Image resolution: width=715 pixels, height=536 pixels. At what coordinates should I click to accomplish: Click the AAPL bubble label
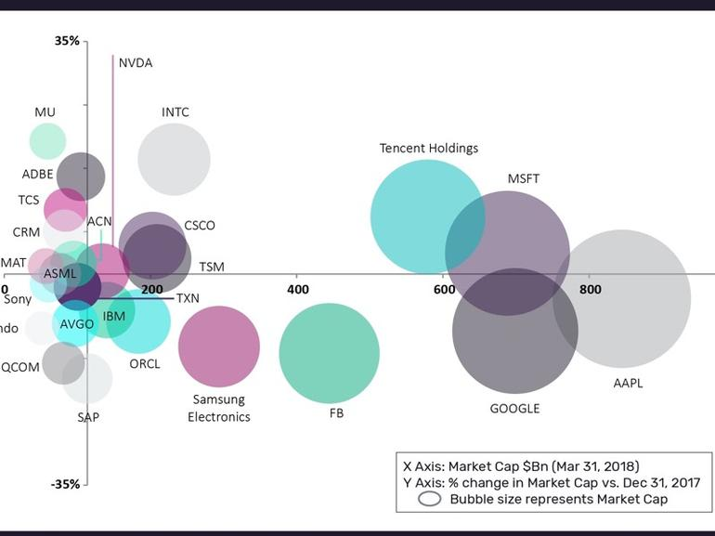(x=628, y=383)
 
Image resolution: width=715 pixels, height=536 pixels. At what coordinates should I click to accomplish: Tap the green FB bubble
(x=330, y=353)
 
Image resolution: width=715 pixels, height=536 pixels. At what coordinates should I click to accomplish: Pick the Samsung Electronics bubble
(x=218, y=346)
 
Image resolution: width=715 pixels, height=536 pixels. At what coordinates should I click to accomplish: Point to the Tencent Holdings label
(x=428, y=148)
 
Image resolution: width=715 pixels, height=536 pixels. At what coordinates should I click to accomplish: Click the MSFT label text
(x=523, y=178)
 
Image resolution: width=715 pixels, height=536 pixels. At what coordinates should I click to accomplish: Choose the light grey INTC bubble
(x=174, y=160)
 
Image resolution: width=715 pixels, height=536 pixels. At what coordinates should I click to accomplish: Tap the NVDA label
(x=136, y=63)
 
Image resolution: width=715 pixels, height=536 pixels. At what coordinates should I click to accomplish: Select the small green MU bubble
(x=47, y=141)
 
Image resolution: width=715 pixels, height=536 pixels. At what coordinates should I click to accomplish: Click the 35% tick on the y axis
(x=67, y=41)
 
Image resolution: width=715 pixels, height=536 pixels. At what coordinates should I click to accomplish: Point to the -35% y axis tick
(x=65, y=484)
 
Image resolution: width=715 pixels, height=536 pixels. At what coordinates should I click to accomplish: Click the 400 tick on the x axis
(x=298, y=290)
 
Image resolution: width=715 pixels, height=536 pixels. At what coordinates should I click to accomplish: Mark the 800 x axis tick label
(x=590, y=290)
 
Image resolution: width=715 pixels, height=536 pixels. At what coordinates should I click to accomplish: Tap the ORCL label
(x=145, y=363)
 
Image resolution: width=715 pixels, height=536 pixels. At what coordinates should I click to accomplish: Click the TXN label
(x=188, y=298)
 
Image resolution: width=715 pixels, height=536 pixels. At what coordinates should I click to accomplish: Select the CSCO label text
(x=199, y=226)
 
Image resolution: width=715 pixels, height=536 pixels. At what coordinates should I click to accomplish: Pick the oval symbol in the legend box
(x=429, y=499)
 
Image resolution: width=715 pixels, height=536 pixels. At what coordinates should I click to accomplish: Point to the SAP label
(x=88, y=417)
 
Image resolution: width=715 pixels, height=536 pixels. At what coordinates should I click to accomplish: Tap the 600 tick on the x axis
(x=444, y=290)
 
